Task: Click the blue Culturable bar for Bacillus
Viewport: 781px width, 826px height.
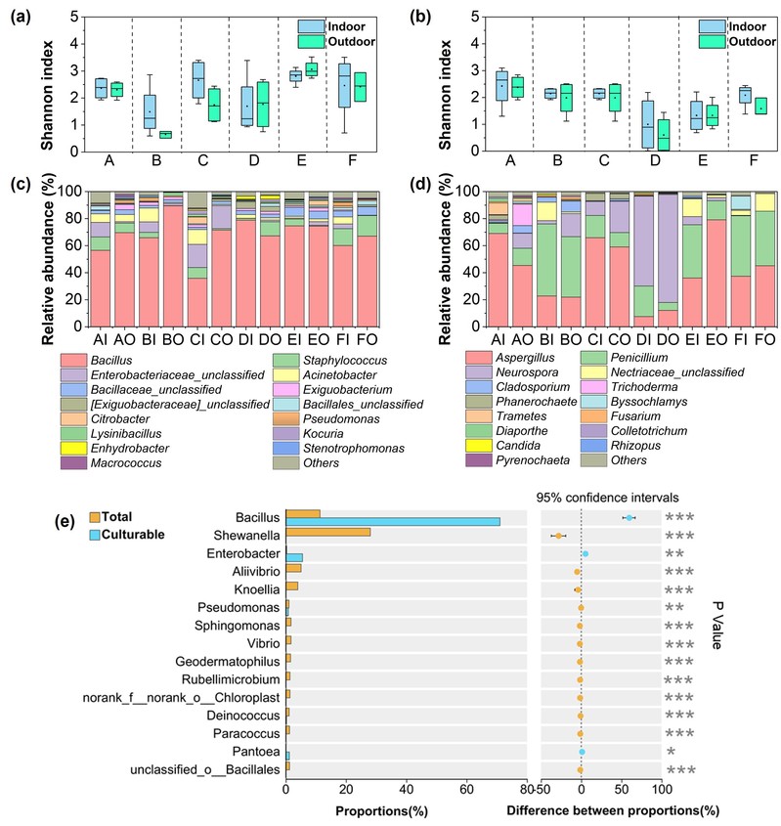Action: [x=391, y=521]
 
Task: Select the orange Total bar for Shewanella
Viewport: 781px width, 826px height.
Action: [x=327, y=533]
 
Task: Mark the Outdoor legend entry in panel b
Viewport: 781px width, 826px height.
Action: [x=729, y=41]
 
